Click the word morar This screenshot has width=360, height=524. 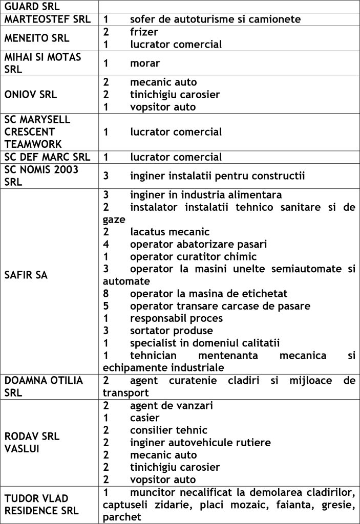[x=145, y=63]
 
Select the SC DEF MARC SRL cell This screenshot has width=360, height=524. [x=49, y=157]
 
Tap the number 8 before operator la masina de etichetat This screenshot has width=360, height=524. [x=106, y=294]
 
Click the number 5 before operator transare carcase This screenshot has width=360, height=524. [x=106, y=306]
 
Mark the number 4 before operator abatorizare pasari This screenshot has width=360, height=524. [x=106, y=244]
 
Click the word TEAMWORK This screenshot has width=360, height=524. [x=30, y=144]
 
